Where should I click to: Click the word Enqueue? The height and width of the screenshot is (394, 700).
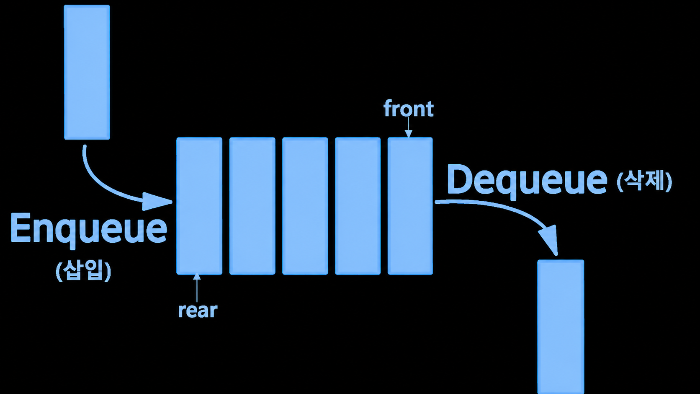tap(89, 231)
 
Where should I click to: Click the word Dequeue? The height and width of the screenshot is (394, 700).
tap(527, 181)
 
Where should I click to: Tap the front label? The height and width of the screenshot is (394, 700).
tap(409, 109)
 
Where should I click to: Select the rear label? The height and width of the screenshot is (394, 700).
tap(198, 311)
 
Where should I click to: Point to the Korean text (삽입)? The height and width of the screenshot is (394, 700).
tap(83, 271)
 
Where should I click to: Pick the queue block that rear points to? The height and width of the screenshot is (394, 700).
tap(199, 206)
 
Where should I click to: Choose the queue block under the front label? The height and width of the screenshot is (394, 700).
tap(410, 206)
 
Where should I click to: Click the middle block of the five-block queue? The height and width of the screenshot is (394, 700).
tap(305, 206)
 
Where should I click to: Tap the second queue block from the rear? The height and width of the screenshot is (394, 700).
tap(252, 206)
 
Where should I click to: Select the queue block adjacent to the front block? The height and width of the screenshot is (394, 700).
tap(358, 206)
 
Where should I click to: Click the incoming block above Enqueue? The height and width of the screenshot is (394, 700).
tap(87, 72)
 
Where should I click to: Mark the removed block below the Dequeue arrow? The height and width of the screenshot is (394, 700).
tap(561, 327)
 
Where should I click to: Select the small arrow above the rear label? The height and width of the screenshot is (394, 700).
tap(197, 288)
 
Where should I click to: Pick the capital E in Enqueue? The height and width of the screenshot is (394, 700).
tap(21, 227)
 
